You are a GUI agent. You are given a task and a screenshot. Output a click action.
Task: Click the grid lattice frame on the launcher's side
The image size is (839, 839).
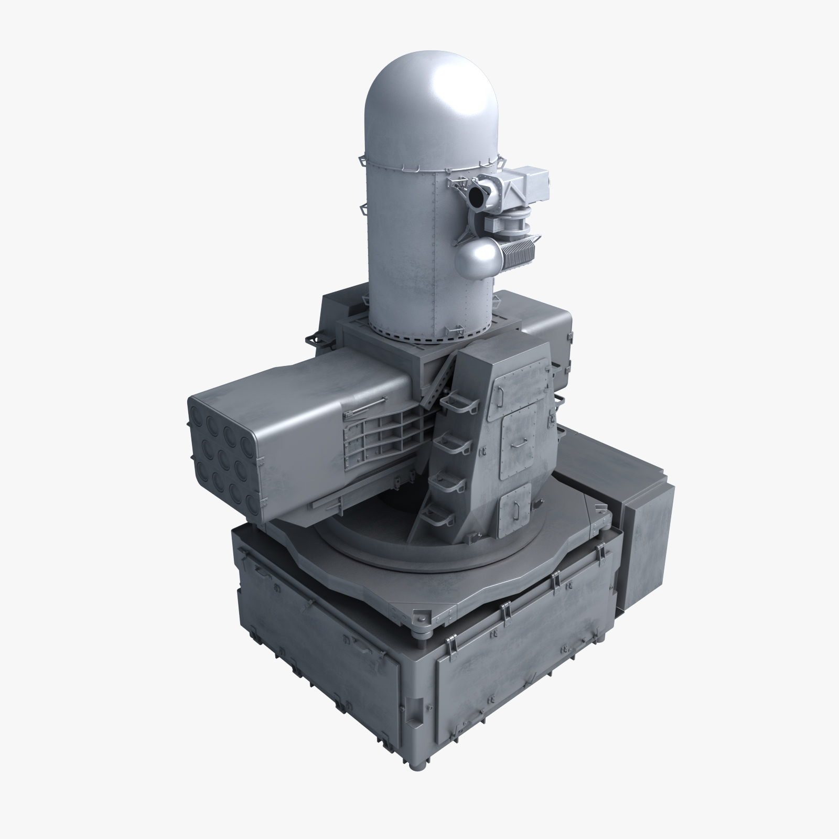point(378,435)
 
